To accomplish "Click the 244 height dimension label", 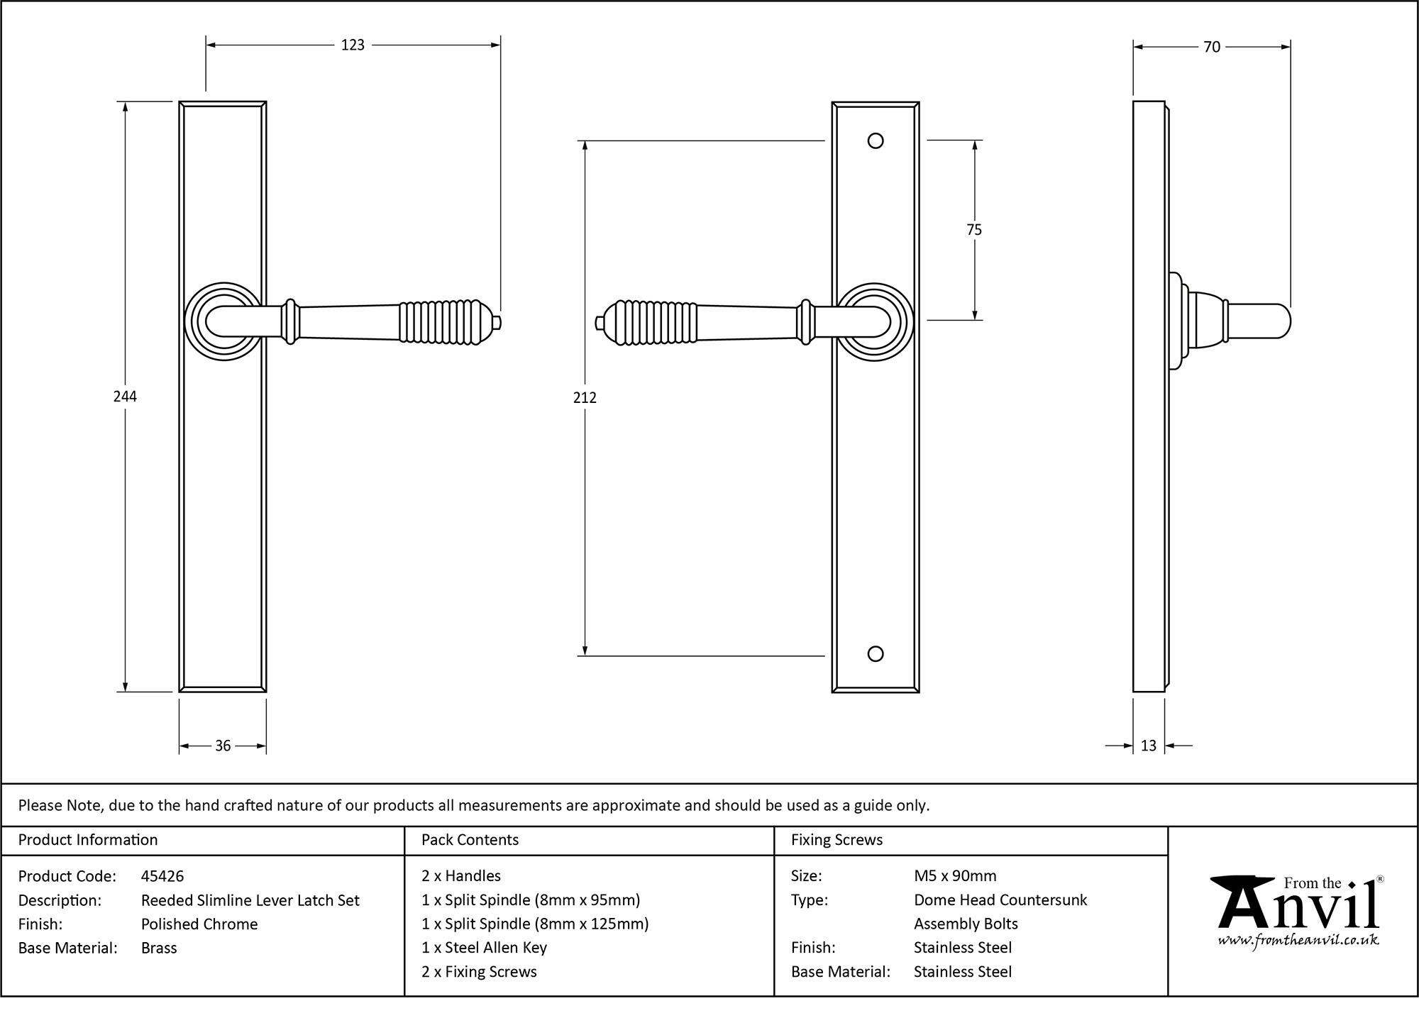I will pos(125,397).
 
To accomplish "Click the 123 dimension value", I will pos(353,45).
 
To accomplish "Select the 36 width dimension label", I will pos(223,746).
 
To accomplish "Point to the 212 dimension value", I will pos(585,398).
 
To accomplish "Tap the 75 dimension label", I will pos(974,230).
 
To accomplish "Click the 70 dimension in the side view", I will pos(1212,47).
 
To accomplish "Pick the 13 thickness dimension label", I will pos(1149,746).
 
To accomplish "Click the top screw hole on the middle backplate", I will pos(876,140).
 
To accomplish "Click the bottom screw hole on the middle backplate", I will pos(876,653).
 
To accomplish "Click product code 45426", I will pos(162,876).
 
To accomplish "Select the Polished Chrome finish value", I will pos(199,924).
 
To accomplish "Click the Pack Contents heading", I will pos(470,840).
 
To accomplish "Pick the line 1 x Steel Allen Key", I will pos(484,948).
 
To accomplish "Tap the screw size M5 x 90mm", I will pos(955,876).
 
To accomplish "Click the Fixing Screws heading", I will pos(837,840).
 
